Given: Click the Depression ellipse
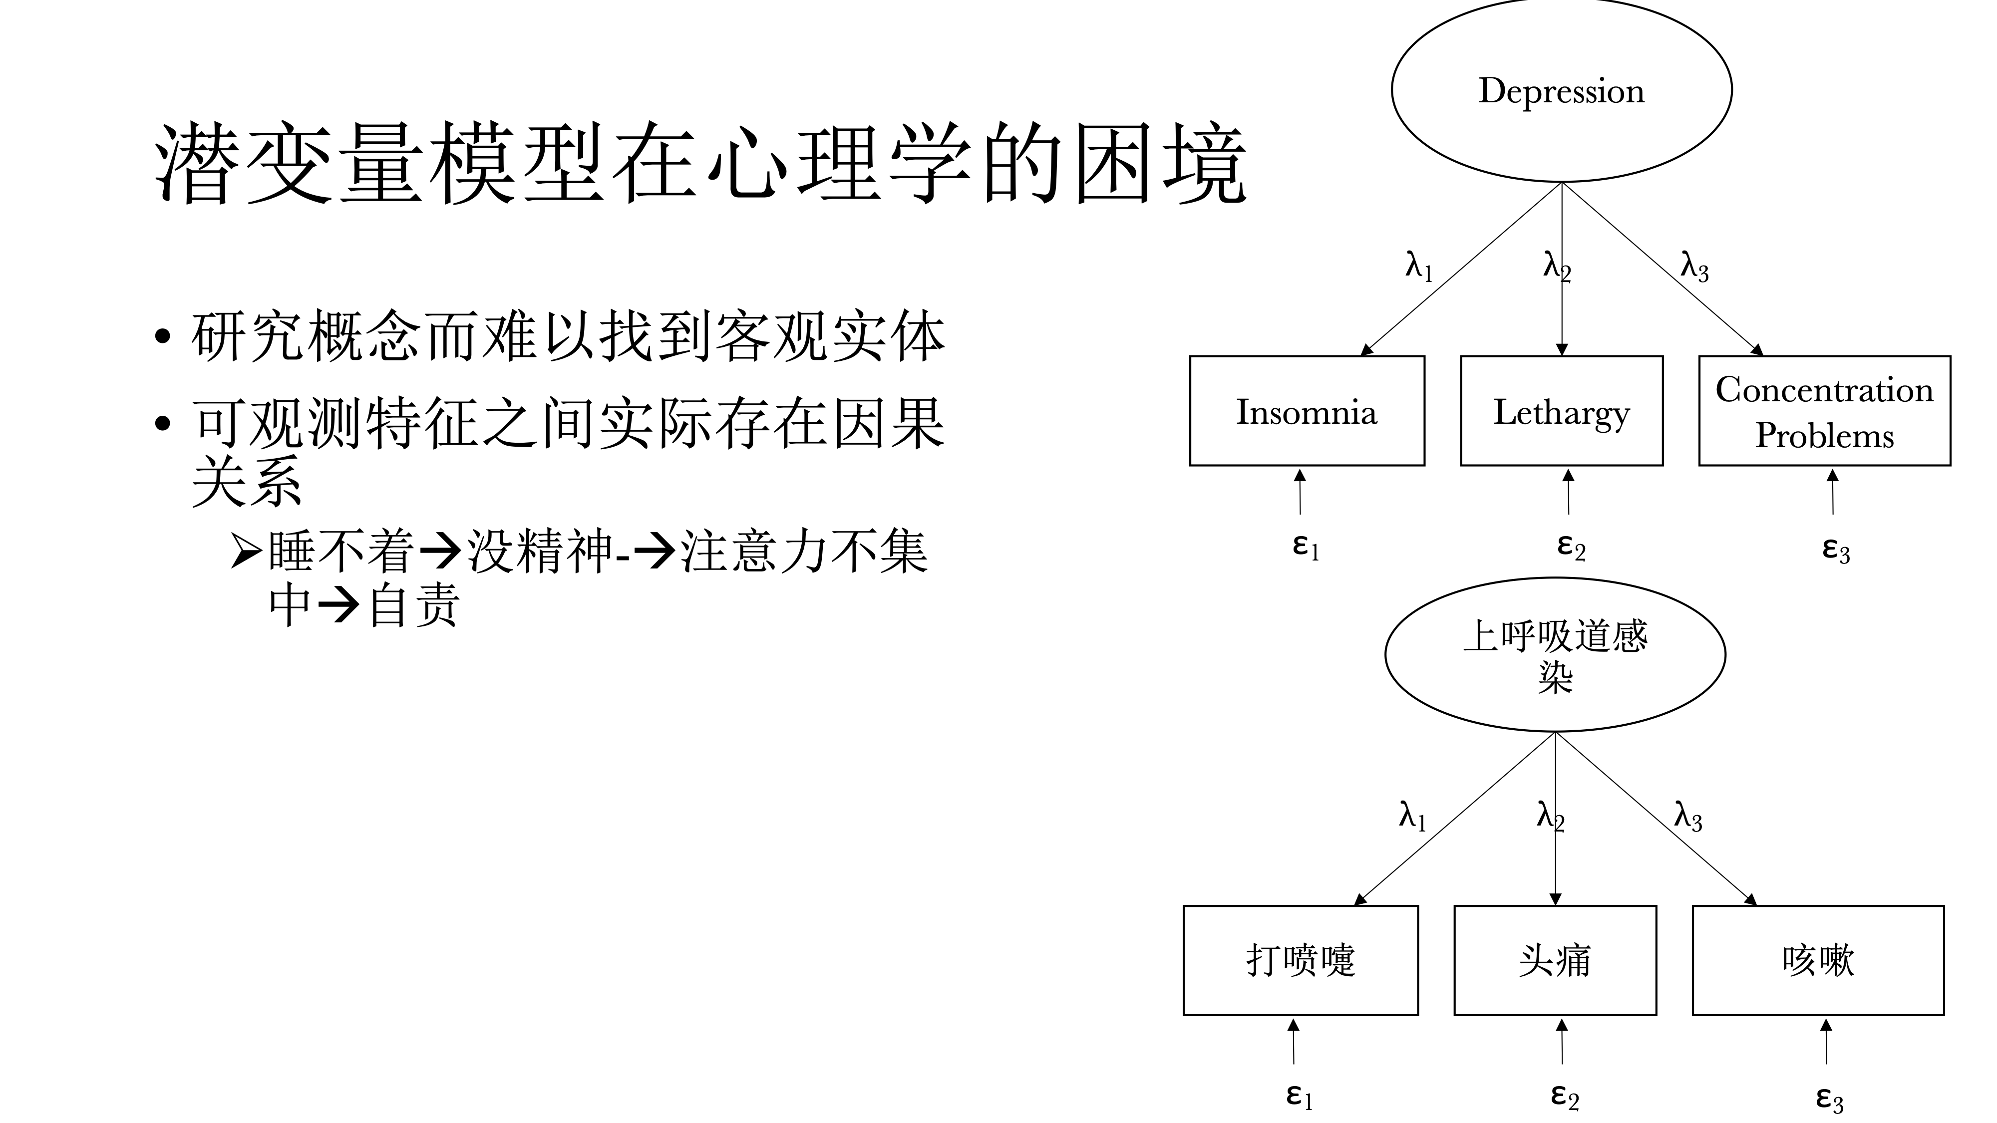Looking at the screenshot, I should coord(1561,91).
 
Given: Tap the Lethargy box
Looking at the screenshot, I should coord(1561,411).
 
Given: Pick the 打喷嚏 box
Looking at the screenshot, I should coord(1300,960).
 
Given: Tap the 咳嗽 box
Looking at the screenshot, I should coord(1817,960).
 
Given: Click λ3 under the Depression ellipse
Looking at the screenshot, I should coord(1694,268).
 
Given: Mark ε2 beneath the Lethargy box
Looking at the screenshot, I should coord(1571,547).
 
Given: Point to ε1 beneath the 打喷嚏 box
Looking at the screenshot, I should coord(1299,1097).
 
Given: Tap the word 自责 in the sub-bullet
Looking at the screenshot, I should coord(414,605).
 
